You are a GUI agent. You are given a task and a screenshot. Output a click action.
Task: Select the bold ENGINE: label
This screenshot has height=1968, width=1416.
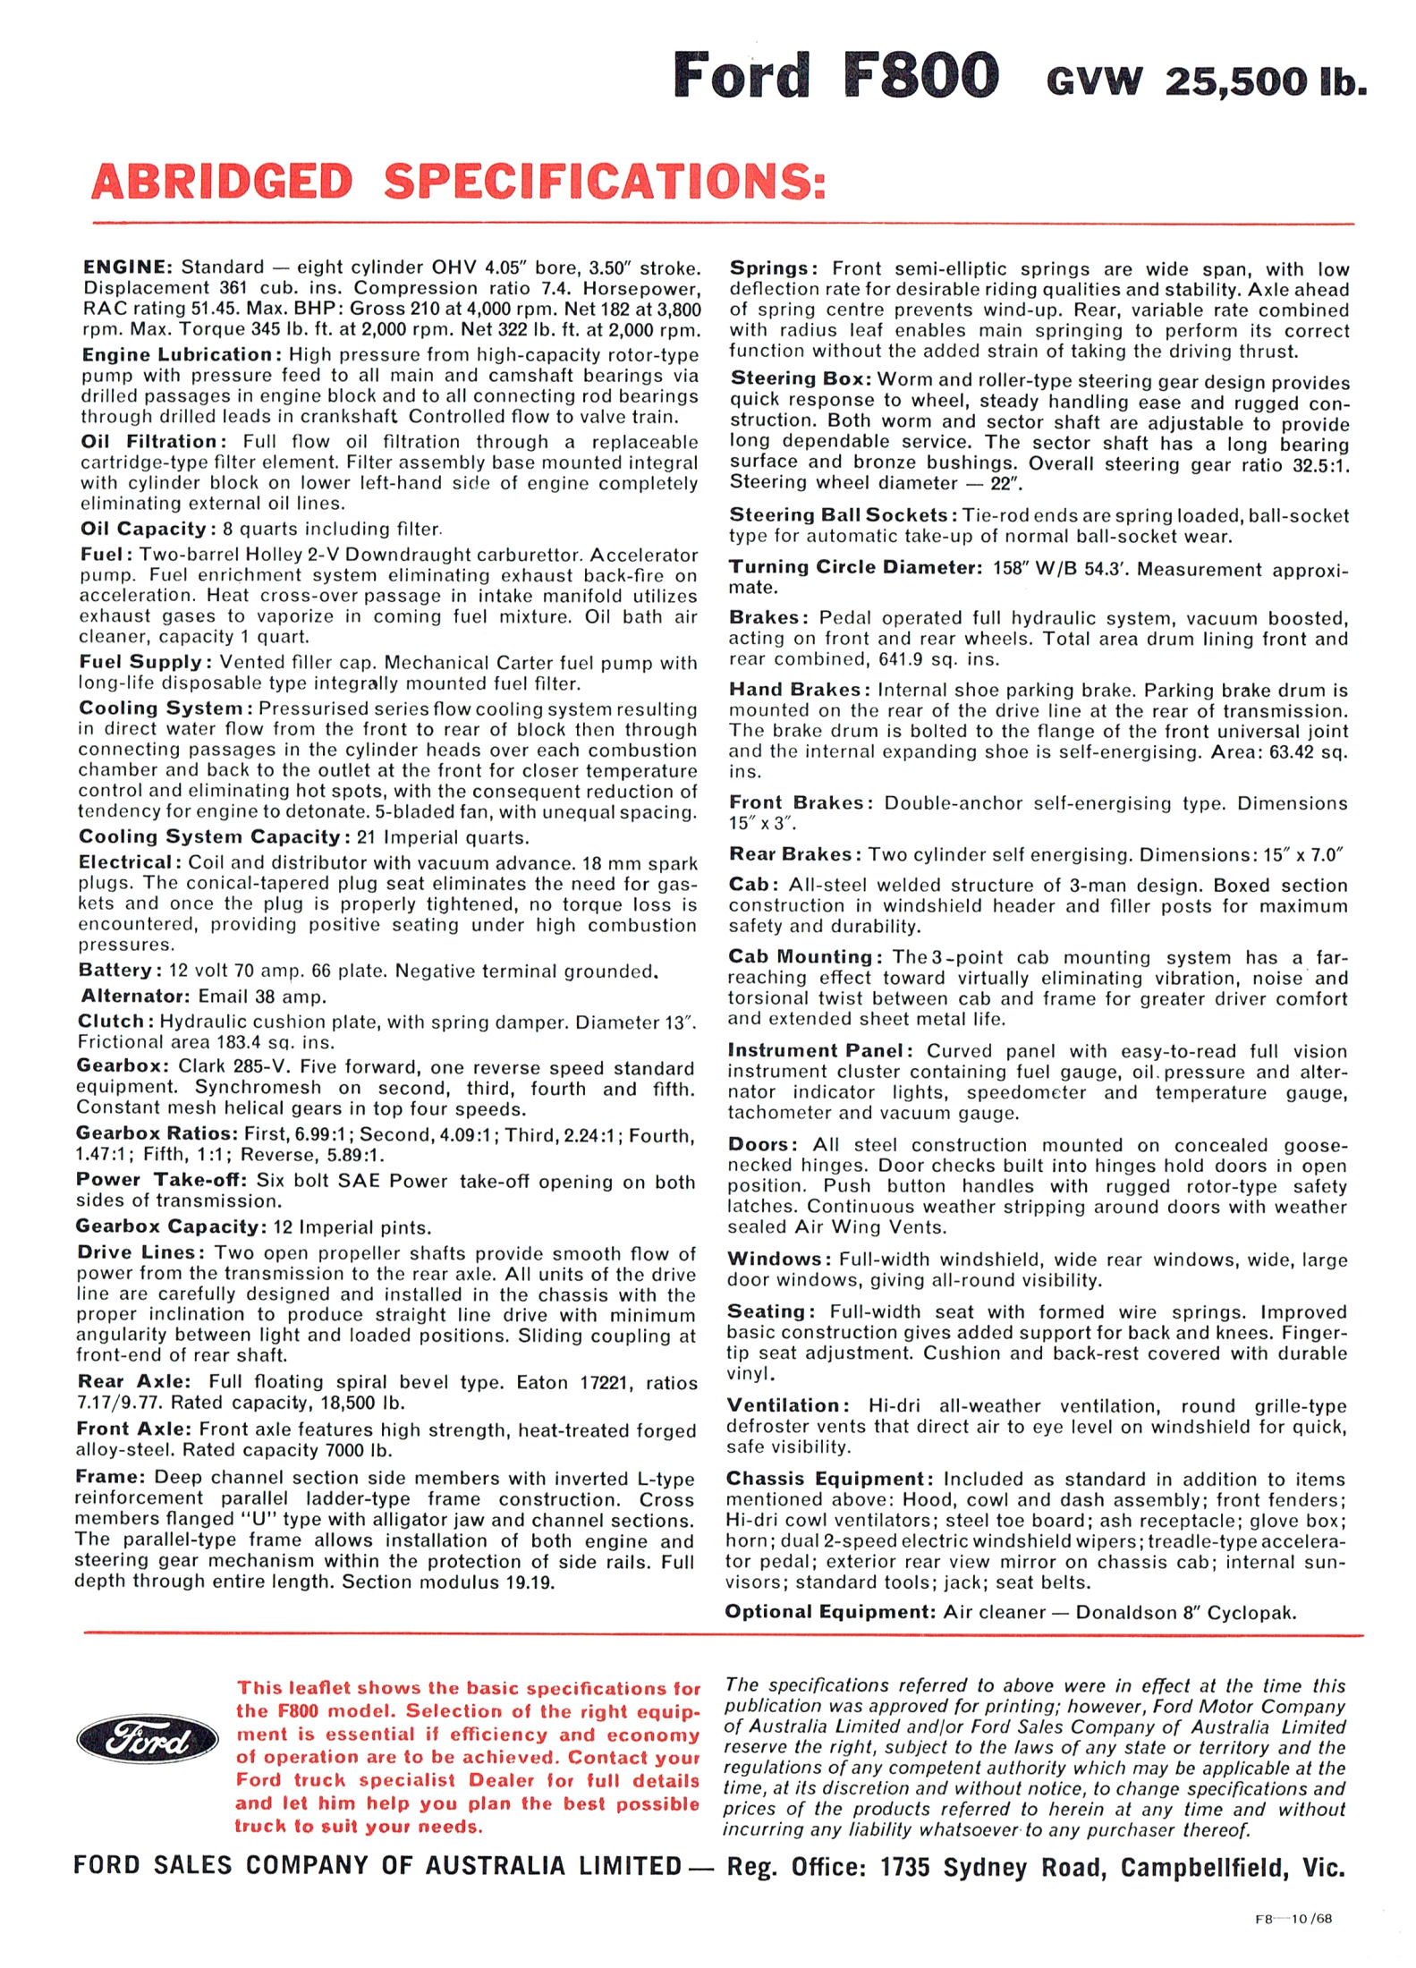(x=126, y=267)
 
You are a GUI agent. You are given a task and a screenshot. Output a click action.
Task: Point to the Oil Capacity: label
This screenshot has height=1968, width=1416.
(x=143, y=529)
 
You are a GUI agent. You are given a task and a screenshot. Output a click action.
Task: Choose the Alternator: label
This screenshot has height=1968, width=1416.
(x=134, y=996)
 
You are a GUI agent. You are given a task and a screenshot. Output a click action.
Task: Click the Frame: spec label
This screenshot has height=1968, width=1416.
(x=110, y=1477)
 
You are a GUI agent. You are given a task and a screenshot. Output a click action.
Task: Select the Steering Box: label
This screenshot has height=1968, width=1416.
(x=800, y=379)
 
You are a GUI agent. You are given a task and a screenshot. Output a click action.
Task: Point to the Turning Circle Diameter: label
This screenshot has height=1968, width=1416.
(x=854, y=567)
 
